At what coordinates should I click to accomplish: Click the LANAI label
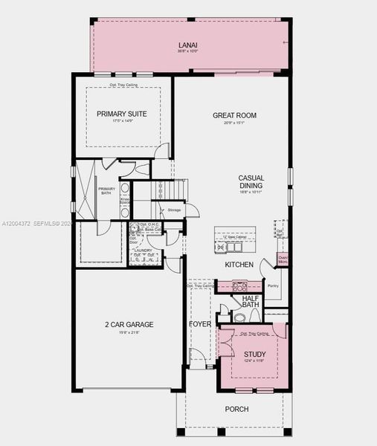point(187,44)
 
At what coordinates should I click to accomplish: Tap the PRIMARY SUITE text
point(121,114)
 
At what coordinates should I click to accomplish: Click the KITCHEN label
point(239,265)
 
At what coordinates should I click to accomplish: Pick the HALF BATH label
point(251,301)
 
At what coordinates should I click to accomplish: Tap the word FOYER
point(200,324)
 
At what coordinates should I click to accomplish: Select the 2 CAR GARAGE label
point(129,324)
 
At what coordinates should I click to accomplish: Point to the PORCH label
point(236,410)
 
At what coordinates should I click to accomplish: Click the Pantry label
point(272,285)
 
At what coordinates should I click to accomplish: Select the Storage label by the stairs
point(174,210)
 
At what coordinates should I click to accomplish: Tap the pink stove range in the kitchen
point(238,285)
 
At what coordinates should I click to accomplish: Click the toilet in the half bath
point(239,317)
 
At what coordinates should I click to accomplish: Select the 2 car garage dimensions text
point(129,332)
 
